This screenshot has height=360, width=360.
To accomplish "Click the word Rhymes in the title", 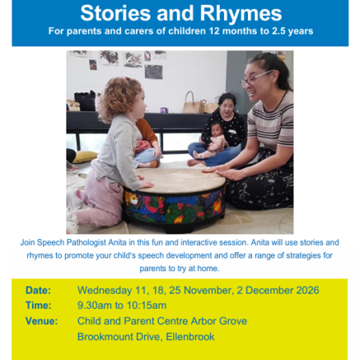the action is (241, 14).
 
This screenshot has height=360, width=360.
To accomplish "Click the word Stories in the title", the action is (115, 13).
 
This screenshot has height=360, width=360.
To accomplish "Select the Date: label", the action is (38, 290).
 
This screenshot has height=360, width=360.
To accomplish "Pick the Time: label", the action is (38, 306).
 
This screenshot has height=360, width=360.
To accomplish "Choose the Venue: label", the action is (42, 321).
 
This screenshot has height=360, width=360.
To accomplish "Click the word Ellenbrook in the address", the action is (190, 337).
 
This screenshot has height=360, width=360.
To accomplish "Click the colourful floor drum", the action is (174, 198).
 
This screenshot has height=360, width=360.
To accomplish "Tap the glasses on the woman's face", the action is (256, 78).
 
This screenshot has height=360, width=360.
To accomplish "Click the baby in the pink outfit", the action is (211, 142).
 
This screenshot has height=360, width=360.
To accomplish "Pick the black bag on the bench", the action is (85, 101).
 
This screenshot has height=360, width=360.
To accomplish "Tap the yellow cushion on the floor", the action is (84, 156).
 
